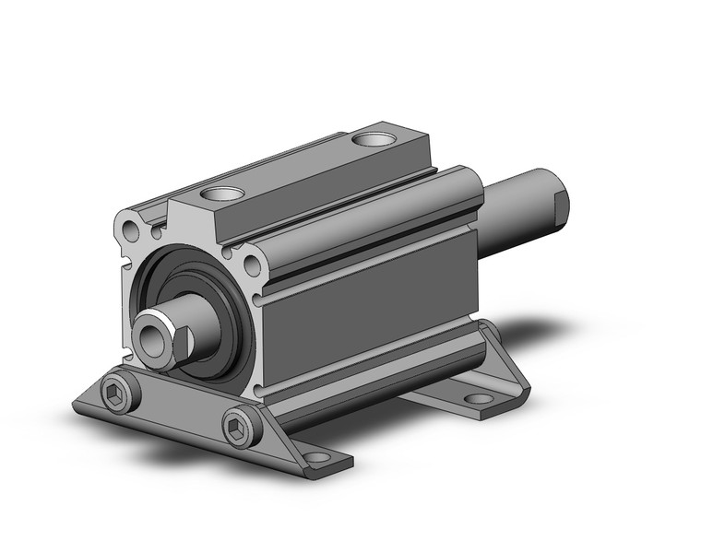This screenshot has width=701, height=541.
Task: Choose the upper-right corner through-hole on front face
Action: (254, 268)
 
